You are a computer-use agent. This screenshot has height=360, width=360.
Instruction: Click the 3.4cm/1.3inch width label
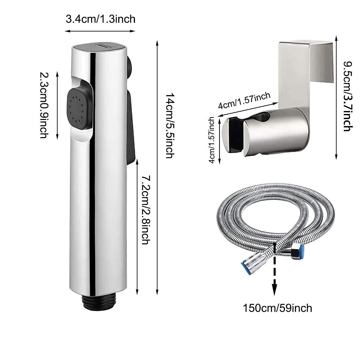[x=100, y=19]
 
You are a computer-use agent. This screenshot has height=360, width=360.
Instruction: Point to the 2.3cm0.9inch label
[x=44, y=105]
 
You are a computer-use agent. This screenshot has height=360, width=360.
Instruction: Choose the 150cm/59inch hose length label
[x=277, y=308]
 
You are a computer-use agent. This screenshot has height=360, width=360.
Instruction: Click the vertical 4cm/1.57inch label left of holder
[x=212, y=140]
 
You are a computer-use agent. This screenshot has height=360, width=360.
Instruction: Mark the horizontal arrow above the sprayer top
[x=100, y=31]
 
